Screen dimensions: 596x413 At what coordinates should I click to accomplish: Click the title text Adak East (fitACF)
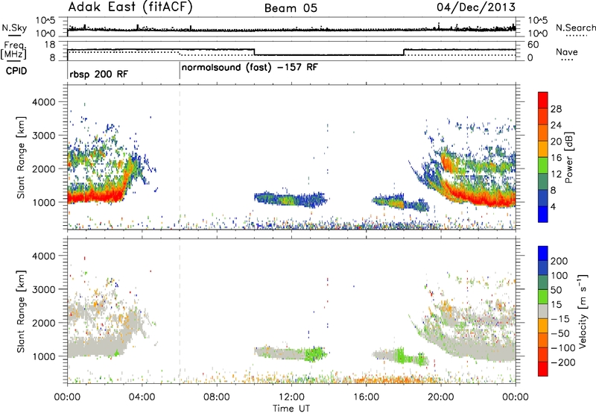(x=130, y=7)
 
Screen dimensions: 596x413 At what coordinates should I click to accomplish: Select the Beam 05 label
(x=291, y=8)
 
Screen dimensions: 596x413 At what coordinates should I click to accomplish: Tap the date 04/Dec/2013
(x=476, y=7)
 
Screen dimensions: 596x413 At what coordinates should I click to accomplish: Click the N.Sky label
(x=14, y=28)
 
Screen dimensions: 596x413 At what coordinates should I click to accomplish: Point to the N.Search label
(x=575, y=28)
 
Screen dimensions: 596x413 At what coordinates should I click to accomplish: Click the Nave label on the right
(x=567, y=52)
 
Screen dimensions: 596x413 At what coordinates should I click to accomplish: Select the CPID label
(x=16, y=71)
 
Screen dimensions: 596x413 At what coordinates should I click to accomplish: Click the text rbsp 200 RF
(x=99, y=74)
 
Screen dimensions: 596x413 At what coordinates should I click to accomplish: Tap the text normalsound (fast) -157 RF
(x=250, y=68)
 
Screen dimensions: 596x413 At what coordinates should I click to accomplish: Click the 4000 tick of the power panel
(x=45, y=102)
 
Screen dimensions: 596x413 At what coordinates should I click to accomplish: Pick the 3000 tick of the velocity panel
(x=45, y=289)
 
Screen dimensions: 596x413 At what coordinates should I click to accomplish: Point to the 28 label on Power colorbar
(x=556, y=109)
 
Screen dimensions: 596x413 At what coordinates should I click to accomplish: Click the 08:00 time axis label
(x=217, y=397)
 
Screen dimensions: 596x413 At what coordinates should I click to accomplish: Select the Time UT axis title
(x=291, y=409)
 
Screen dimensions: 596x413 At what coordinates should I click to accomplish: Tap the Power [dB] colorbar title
(x=568, y=157)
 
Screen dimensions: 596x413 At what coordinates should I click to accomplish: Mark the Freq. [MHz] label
(x=13, y=51)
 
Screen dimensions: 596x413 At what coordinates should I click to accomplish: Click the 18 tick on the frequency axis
(x=50, y=45)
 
